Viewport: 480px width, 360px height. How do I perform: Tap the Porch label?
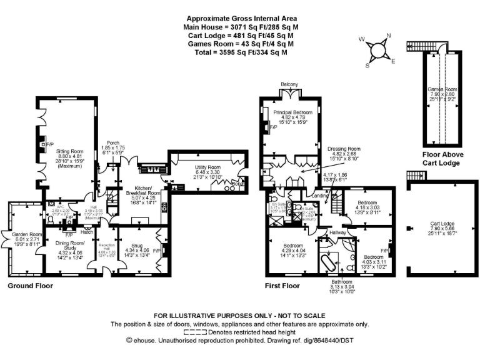(113, 142)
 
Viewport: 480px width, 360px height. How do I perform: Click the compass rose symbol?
(377, 49)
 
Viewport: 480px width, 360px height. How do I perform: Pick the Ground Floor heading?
(30, 286)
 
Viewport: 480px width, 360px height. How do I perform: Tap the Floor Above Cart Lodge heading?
(441, 159)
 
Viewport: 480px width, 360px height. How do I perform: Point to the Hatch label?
(87, 232)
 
